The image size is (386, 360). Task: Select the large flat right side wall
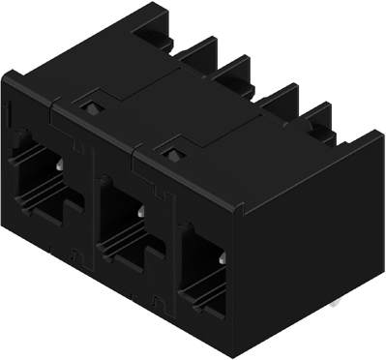[x=310, y=242]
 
